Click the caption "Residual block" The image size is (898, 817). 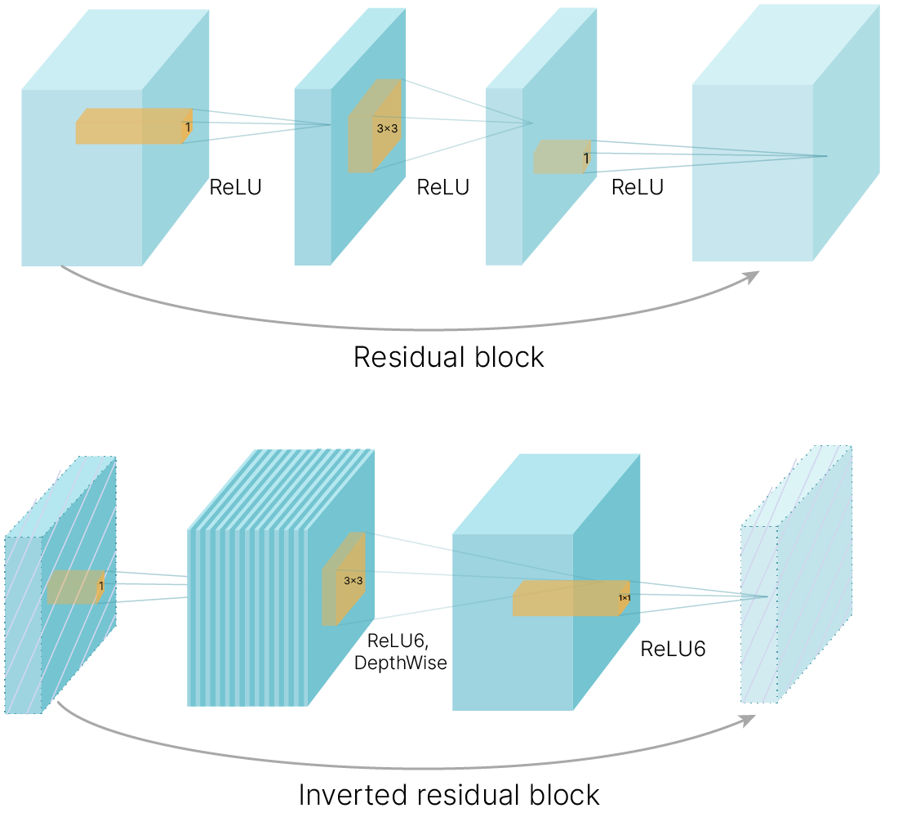pos(448,357)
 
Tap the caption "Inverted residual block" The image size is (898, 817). pos(448,794)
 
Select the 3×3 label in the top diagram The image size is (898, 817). pos(387,128)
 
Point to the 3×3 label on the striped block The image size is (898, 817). pos(353,581)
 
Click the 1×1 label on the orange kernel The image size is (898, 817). pos(624,598)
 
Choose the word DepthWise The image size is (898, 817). pos(401,663)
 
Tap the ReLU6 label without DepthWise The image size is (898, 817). pos(673,650)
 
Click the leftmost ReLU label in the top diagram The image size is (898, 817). pos(236,187)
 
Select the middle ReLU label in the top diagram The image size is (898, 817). pos(443,187)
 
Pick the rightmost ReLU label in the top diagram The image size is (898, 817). pos(638,187)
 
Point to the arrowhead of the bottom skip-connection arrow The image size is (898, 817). pos(748,719)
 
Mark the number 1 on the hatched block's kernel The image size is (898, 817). pos(100,586)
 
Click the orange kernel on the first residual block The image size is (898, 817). pos(131,127)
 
